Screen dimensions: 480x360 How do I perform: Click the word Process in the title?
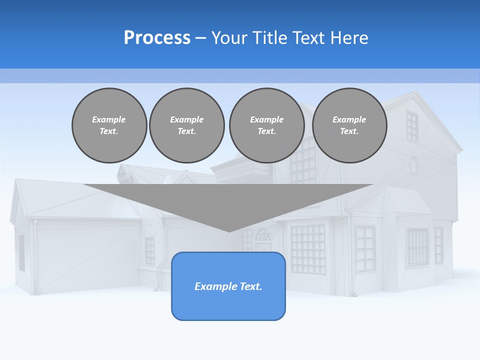tap(157, 38)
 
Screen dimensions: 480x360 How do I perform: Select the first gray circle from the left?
tap(109, 125)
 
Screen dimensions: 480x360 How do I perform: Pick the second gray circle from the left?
tap(187, 125)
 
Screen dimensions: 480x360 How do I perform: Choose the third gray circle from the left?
tap(267, 125)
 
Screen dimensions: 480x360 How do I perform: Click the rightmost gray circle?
tap(349, 125)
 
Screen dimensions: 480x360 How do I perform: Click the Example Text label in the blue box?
tap(228, 286)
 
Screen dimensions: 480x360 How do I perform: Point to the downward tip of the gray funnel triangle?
tap(229, 230)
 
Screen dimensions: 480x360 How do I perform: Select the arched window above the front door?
tap(262, 235)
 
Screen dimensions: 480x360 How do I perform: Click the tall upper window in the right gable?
tap(412, 127)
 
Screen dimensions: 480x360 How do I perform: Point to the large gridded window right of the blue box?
tap(308, 248)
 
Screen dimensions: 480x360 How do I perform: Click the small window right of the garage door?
tap(149, 251)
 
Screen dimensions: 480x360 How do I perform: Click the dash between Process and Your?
tap(200, 38)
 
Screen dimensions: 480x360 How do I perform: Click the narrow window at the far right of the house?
tap(438, 245)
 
